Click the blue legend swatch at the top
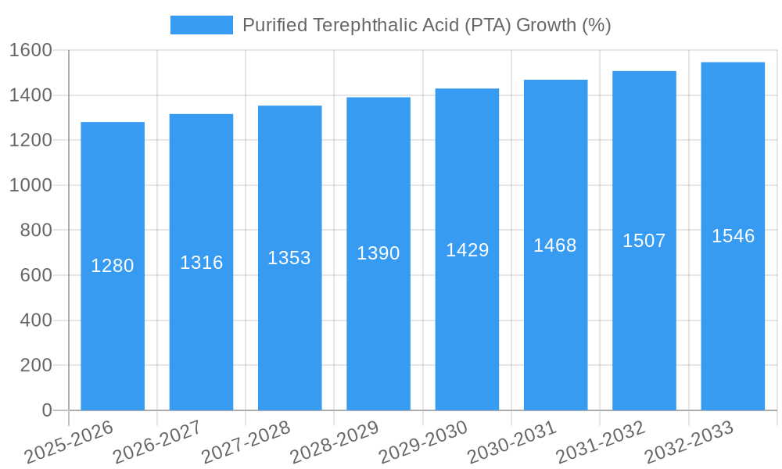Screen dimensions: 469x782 coord(202,25)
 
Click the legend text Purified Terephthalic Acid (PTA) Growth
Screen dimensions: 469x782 coord(426,25)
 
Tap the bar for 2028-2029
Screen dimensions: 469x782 coord(378,328)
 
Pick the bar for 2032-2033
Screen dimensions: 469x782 coord(733,328)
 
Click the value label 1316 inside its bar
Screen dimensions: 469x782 coord(201,263)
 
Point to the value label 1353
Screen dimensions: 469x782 coord(289,258)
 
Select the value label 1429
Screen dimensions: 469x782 coord(467,250)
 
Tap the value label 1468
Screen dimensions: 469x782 coord(555,245)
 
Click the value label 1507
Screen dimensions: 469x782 coord(644,241)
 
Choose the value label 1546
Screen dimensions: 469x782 coord(733,236)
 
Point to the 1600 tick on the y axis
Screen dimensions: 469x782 coord(30,50)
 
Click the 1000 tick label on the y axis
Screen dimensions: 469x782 coord(30,185)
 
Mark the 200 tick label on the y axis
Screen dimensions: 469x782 coord(36,365)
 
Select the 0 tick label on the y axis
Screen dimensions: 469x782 coord(47,410)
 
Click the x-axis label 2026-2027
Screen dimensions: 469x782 coord(157,442)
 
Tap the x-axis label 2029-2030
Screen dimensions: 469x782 coord(423,442)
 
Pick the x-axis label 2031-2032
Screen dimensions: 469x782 coord(600,442)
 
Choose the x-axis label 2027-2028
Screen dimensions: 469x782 coord(246,442)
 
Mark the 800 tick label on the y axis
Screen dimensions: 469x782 coord(36,230)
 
